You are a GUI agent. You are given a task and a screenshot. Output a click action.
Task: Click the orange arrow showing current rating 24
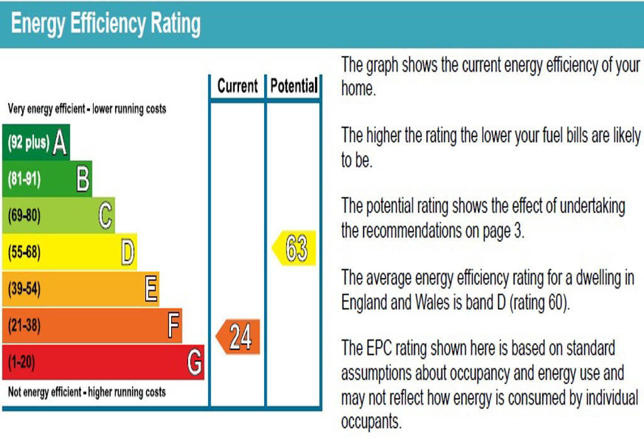coord(238,337)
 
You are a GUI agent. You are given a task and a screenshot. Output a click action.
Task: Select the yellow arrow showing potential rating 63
coord(294,248)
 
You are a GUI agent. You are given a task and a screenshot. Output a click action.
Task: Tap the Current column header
coord(237,86)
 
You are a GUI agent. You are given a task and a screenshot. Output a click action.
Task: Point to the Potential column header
coord(294,86)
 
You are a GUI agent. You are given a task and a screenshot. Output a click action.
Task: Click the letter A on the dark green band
coord(60,143)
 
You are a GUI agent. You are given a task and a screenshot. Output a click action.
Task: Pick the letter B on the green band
coord(82,180)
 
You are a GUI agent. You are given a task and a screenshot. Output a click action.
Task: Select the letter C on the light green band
coord(105,216)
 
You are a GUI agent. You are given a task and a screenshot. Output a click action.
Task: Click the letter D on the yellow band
coord(128,253)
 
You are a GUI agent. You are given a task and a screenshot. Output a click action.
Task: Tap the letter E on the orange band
coord(151,290)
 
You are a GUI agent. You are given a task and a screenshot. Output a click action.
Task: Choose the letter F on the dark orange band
coord(174,326)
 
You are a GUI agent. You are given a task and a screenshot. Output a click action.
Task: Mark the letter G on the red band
coord(195,363)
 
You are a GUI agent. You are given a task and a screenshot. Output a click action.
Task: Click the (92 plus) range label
coord(28,143)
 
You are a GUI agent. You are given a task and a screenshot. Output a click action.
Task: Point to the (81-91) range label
coord(25,180)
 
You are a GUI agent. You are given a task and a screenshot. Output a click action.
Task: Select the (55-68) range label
coord(25,253)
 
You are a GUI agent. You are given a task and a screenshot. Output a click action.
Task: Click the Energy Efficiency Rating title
coord(106,24)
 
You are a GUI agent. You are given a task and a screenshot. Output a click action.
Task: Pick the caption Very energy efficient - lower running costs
coord(87,109)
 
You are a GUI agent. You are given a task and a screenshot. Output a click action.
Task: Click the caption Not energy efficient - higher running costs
coord(87,392)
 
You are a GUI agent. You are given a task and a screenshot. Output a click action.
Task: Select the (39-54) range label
coord(25,290)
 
